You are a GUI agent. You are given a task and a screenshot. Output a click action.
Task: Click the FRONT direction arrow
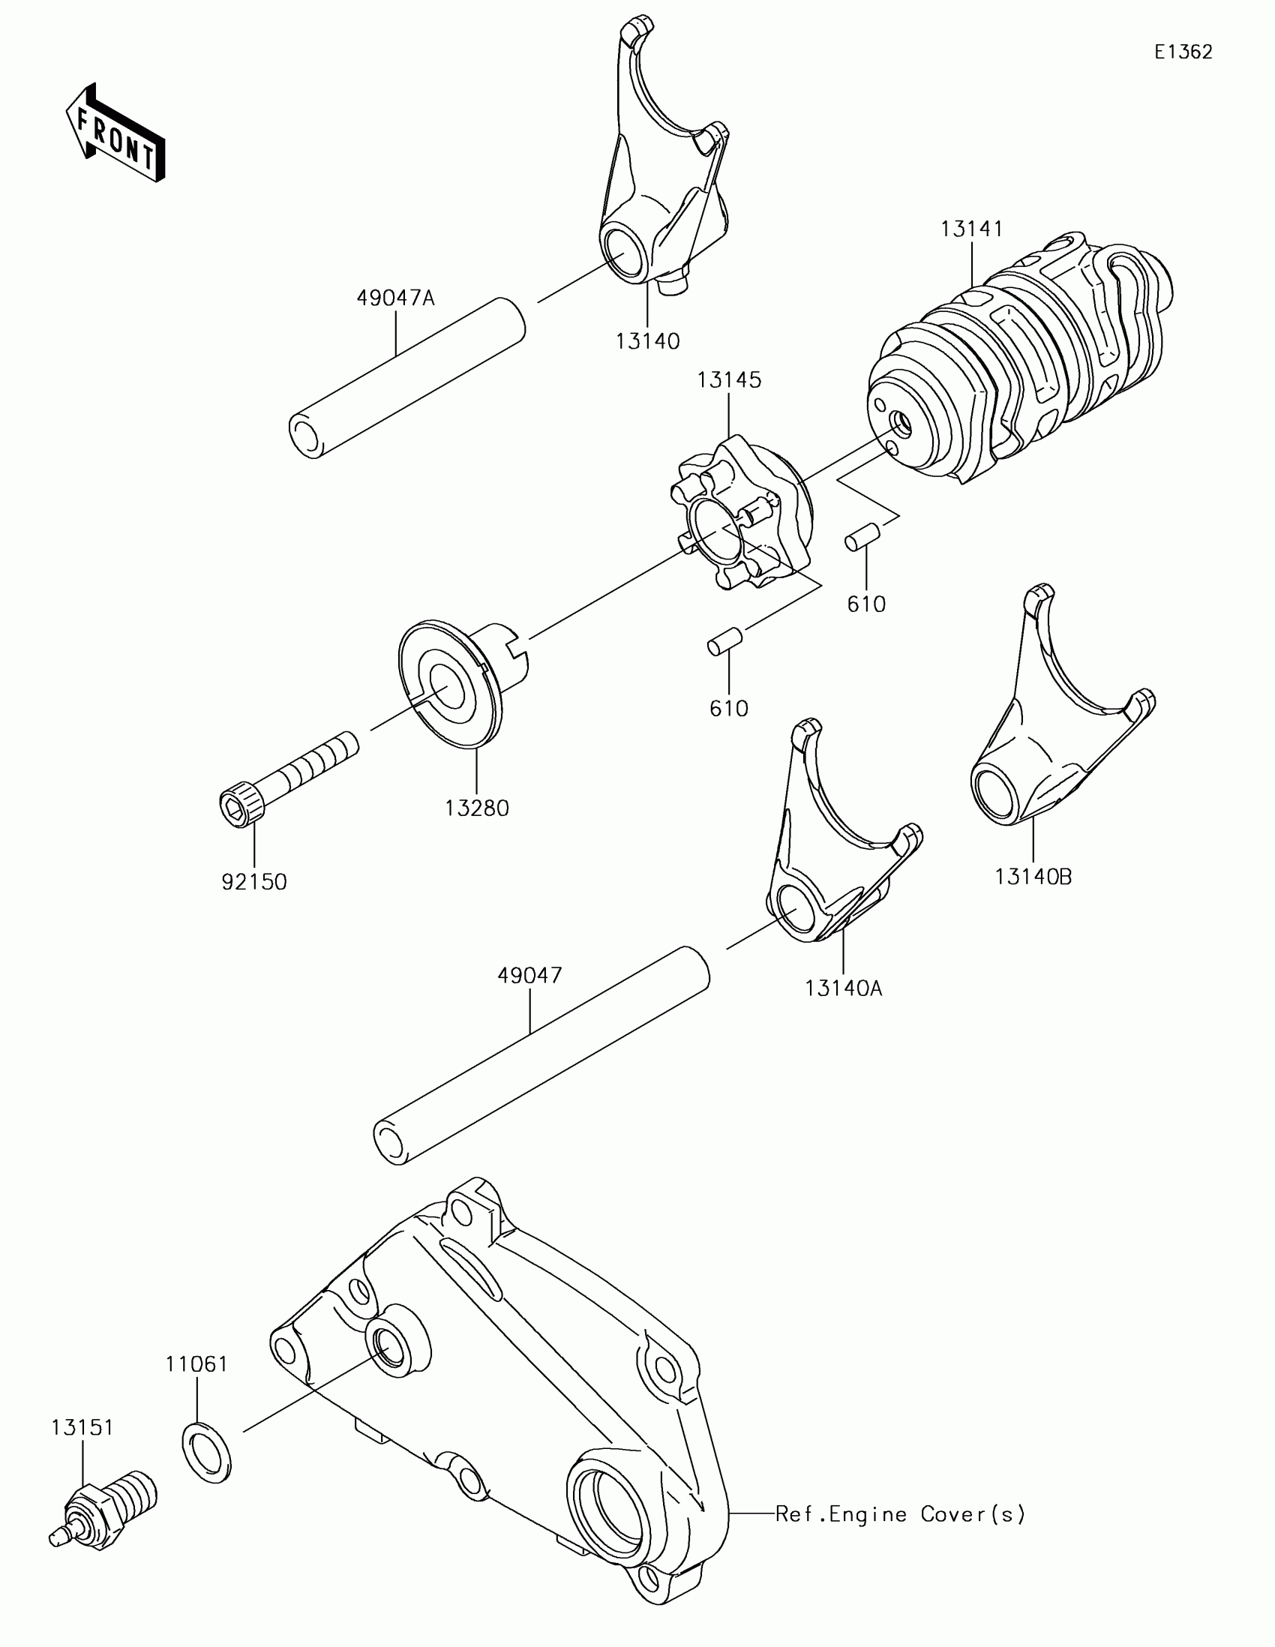coord(115,133)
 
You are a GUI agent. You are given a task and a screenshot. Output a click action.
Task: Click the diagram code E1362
coord(1183,52)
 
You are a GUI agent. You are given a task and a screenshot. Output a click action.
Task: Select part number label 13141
coord(971,229)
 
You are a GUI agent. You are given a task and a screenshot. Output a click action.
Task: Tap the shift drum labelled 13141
coord(1018,362)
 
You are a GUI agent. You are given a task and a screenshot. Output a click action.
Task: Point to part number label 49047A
coord(396,298)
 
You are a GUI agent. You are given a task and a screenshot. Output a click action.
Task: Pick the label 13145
coord(728,380)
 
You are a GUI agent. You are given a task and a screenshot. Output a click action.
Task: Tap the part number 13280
coord(476,808)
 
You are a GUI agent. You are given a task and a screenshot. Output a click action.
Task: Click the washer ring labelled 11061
coord(207,1452)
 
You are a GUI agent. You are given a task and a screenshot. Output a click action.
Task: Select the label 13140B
coord(1033,877)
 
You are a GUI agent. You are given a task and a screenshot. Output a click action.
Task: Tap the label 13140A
coord(843,988)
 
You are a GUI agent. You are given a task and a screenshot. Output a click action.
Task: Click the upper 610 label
coord(865,604)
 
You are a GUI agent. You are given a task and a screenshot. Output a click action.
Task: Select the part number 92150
coord(254,881)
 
